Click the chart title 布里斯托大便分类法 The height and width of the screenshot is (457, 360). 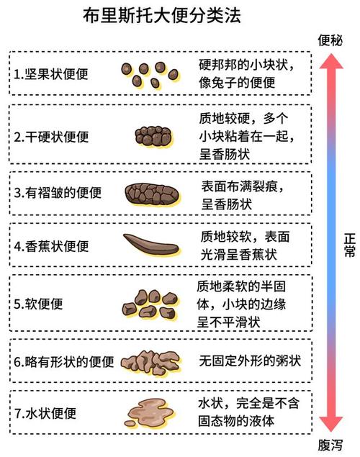point(162,15)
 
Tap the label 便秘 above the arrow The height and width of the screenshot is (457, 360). point(330,40)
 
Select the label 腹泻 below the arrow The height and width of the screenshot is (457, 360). point(330,445)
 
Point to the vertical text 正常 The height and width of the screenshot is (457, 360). point(350,245)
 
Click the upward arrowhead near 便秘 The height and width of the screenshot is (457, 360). point(331,61)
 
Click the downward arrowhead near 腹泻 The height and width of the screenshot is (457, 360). point(331,424)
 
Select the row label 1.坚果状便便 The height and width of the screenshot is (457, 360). point(51,74)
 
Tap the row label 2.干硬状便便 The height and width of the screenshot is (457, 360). point(51,137)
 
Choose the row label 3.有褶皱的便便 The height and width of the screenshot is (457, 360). point(58,193)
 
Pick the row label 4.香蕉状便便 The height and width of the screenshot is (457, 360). point(51,246)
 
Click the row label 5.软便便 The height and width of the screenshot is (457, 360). point(38,304)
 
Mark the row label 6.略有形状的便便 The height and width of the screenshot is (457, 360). point(64,362)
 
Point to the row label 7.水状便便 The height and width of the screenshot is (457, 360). point(45,413)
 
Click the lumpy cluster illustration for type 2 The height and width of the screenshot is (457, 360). point(154,137)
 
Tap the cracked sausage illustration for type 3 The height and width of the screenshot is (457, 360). point(152,194)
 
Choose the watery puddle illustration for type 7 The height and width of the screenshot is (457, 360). point(149,412)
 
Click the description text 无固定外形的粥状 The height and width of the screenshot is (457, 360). point(250,361)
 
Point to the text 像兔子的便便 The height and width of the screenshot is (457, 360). point(237,83)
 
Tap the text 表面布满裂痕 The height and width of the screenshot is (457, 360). point(240,186)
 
